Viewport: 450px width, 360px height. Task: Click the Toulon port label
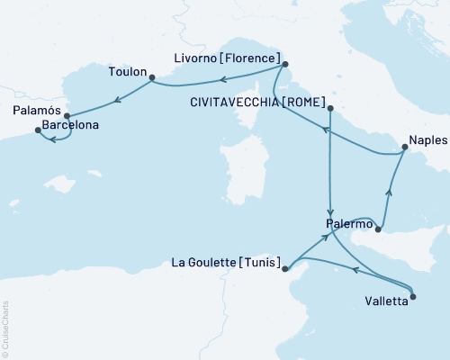[x=126, y=70]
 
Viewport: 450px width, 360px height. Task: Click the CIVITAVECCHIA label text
[x=233, y=103]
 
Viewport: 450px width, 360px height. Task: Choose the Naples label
[x=426, y=140]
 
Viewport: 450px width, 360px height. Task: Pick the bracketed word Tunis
[x=259, y=264]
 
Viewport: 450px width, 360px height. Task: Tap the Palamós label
[x=37, y=111]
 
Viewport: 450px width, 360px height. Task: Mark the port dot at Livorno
[x=284, y=64]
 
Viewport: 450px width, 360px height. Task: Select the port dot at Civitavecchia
[x=330, y=109]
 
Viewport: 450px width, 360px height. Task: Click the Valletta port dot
[x=412, y=296]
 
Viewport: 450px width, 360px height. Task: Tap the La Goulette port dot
[x=284, y=268]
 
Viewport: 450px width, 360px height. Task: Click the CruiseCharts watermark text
[x=4, y=329]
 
